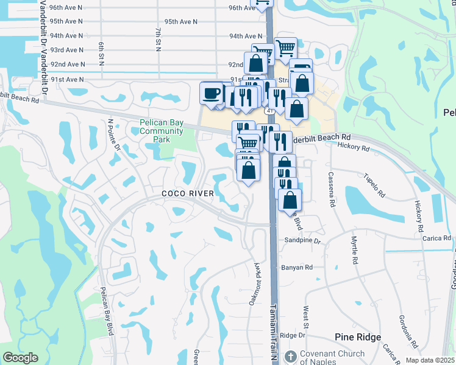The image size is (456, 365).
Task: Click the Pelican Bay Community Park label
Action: (161, 131)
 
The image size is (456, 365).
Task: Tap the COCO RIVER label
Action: (188, 193)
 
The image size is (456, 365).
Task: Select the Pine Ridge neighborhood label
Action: (358, 337)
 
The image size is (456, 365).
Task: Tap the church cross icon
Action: (291, 356)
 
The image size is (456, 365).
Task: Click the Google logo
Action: (20, 358)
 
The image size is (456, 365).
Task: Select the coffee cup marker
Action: (212, 94)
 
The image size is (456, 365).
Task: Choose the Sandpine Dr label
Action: (302, 241)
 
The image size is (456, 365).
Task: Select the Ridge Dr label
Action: (293, 335)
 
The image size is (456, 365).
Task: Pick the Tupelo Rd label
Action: (377, 186)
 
